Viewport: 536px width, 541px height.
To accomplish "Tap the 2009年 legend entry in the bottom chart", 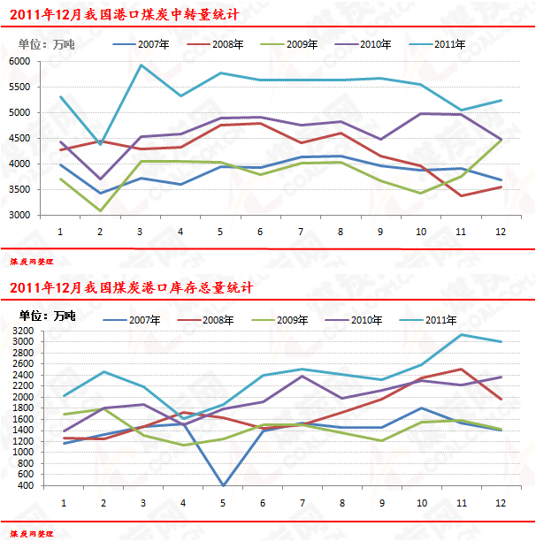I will (291, 319).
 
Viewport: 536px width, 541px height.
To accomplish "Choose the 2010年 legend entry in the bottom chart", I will (365, 319).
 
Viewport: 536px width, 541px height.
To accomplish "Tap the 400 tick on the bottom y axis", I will (25, 485).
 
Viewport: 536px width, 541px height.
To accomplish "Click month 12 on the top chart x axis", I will (502, 231).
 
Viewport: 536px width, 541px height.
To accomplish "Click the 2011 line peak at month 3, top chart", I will (141, 65).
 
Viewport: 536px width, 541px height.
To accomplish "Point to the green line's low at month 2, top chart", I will (100, 210).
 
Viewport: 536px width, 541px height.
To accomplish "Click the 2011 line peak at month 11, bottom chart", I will (461, 334).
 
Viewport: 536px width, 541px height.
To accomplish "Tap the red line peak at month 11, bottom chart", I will (461, 370).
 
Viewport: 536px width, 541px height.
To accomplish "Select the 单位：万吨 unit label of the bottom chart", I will (47, 316).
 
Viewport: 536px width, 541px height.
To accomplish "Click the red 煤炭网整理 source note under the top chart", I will (32, 262).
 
